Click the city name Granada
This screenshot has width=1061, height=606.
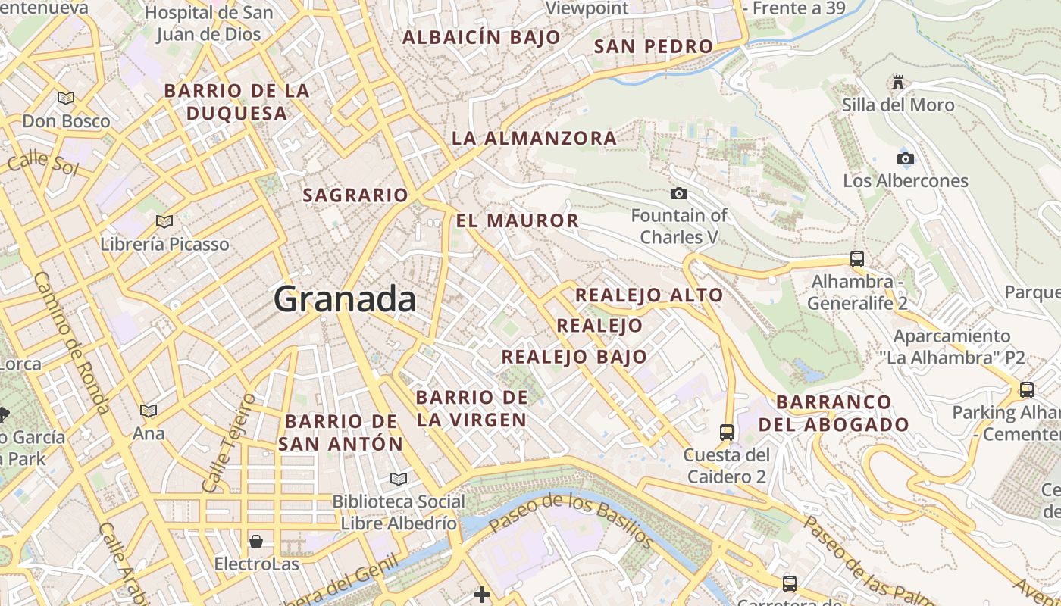(345, 298)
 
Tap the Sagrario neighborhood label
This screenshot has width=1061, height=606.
(355, 195)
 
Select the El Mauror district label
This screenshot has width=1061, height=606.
(518, 220)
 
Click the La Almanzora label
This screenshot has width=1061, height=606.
(534, 138)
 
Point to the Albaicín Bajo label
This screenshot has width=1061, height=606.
(481, 36)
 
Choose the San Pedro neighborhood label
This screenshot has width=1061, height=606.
(653, 46)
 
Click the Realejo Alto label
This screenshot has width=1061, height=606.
(649, 295)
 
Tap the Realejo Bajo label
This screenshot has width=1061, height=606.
(574, 356)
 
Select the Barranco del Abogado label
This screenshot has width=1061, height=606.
(834, 413)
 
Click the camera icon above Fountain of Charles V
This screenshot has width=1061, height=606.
(679, 194)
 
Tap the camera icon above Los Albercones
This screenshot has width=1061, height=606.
(905, 158)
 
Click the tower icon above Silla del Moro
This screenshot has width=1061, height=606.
(898, 81)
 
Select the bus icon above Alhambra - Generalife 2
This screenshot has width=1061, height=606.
(857, 258)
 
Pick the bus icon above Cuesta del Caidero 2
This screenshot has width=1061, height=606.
(727, 432)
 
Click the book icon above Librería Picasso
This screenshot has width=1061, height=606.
(164, 221)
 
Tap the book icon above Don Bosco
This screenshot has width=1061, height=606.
(66, 98)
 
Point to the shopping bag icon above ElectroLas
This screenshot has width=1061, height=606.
(256, 542)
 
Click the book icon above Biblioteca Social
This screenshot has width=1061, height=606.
(398, 479)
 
